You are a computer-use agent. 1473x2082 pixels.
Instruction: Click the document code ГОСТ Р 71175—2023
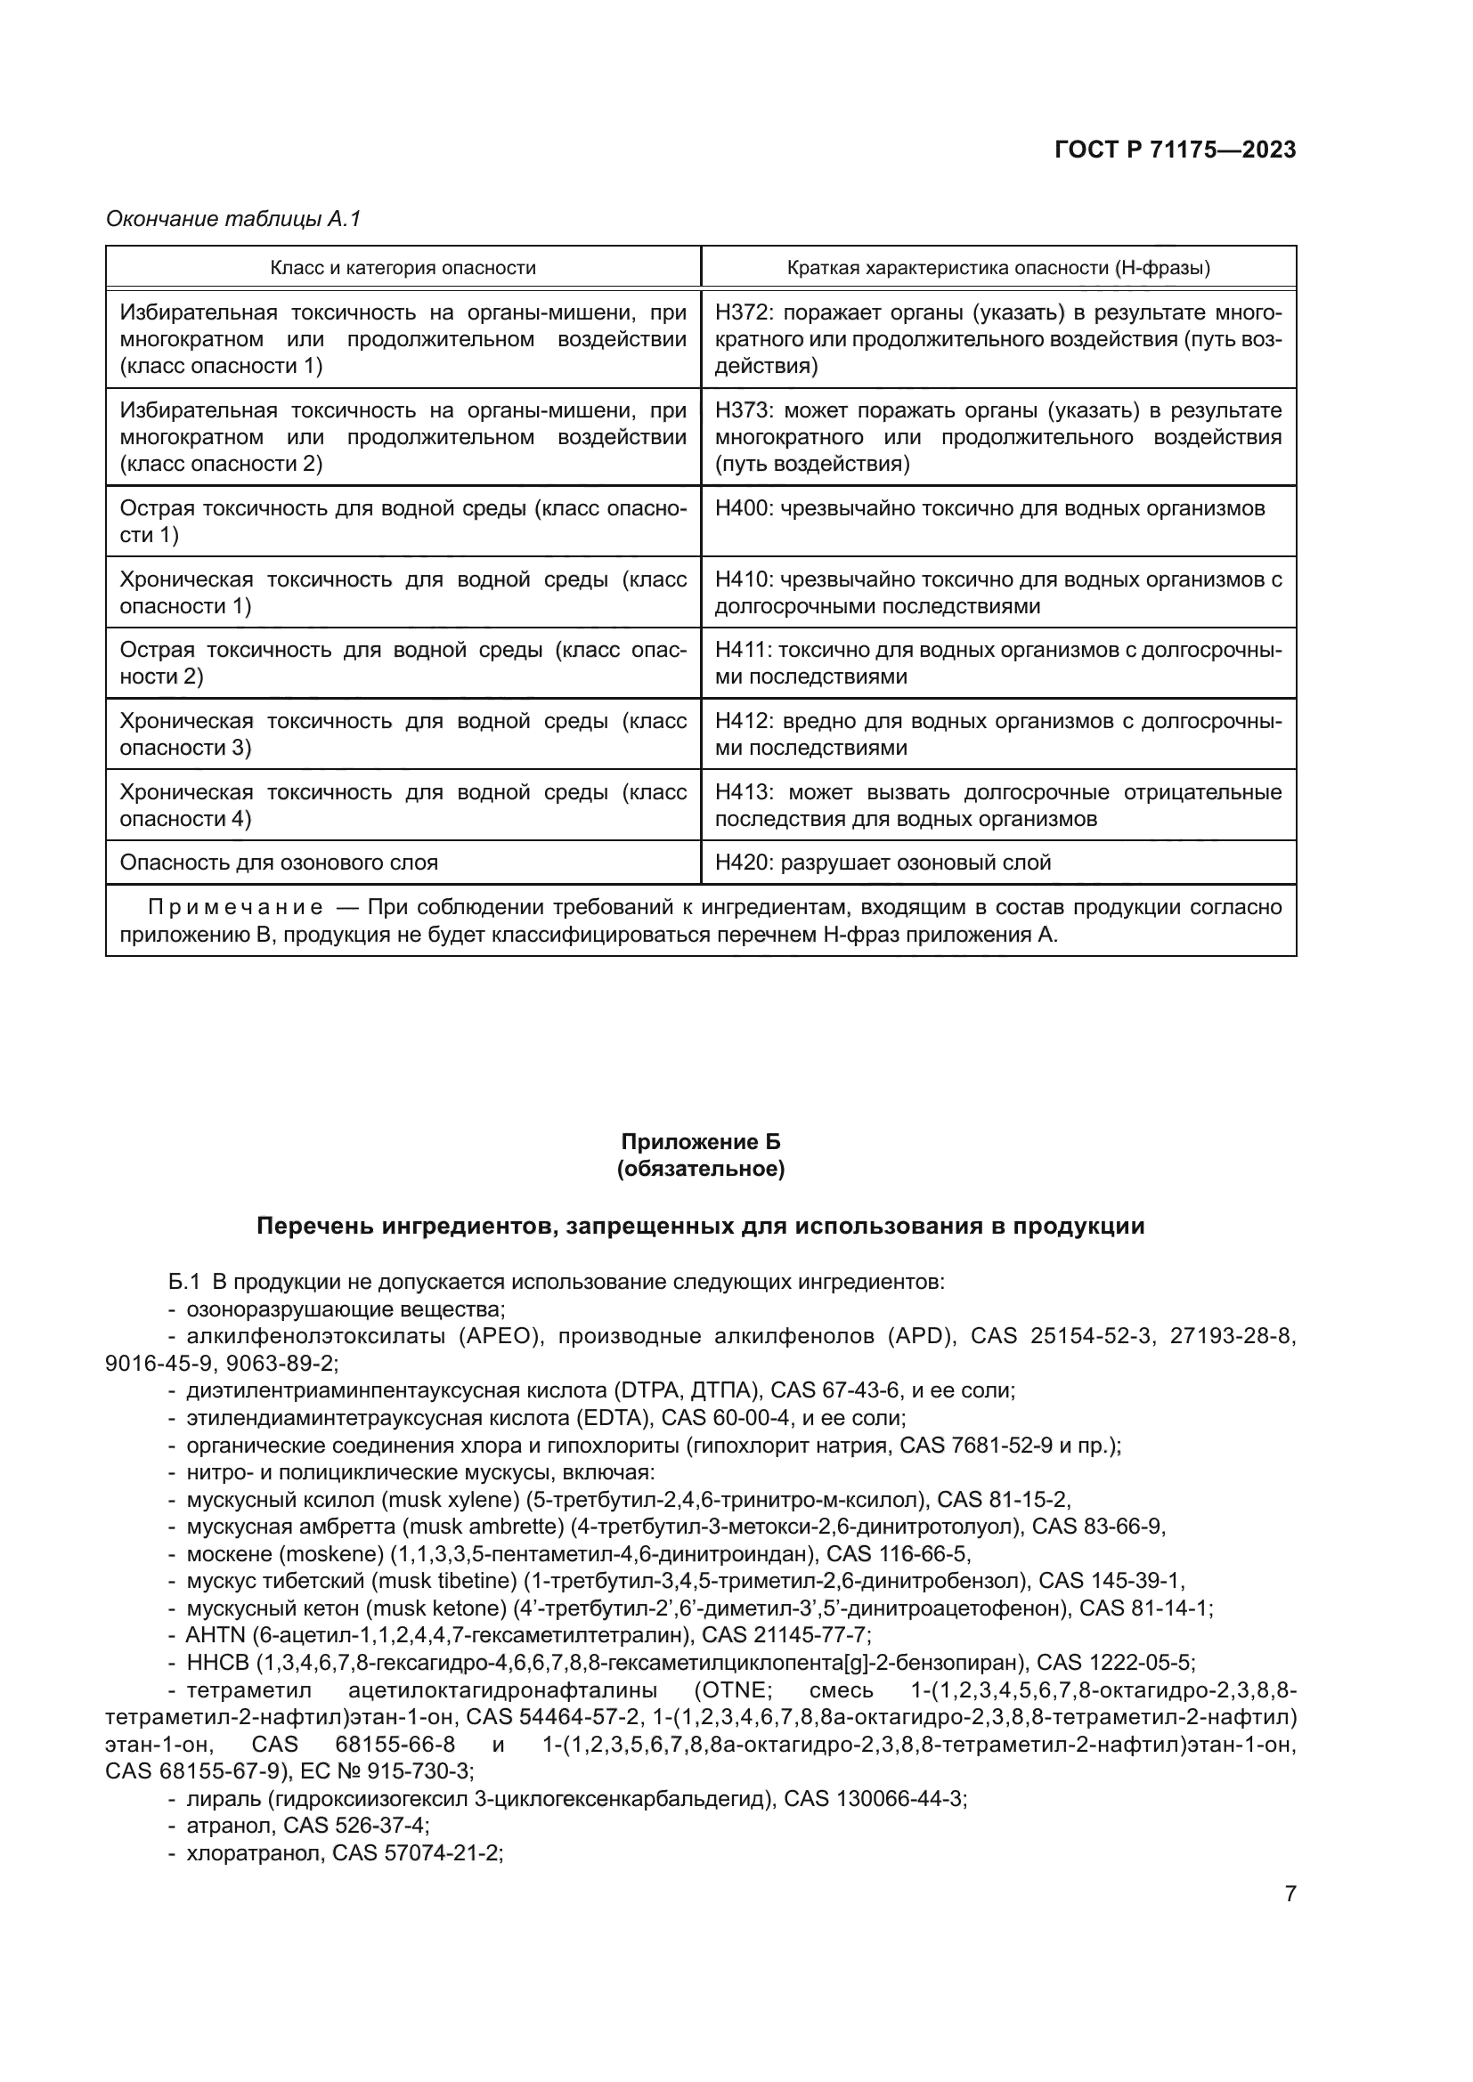point(1175,150)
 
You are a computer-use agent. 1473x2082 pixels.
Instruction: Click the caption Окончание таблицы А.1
point(233,220)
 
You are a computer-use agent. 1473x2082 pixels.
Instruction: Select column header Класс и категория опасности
point(403,268)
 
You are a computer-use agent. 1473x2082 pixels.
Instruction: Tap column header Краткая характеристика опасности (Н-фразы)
point(997,268)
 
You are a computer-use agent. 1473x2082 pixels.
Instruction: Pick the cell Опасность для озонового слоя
point(279,863)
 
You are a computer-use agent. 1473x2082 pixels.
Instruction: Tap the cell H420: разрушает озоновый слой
point(883,863)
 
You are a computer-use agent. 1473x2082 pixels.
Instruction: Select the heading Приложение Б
point(700,1142)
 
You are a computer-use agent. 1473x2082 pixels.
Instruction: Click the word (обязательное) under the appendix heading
point(700,1169)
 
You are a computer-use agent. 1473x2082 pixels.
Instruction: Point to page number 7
point(1290,1893)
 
